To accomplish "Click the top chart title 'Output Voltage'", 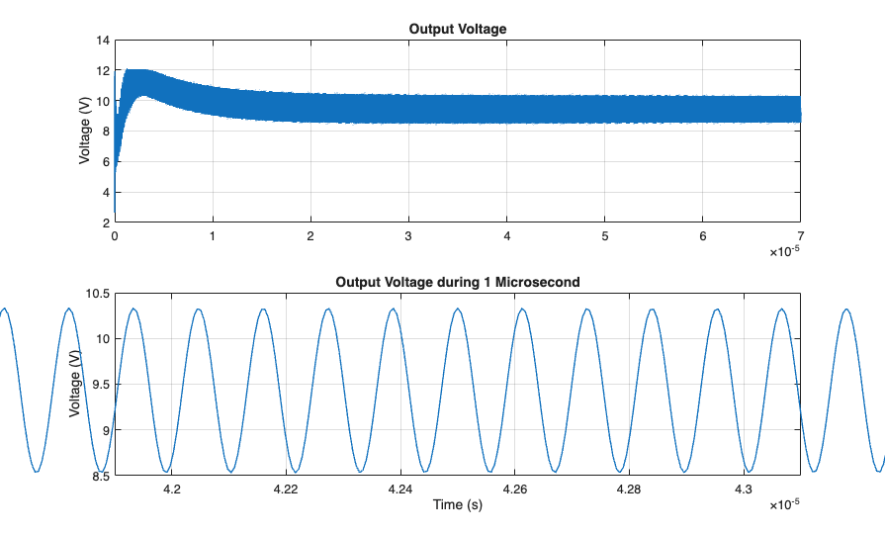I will (x=457, y=29).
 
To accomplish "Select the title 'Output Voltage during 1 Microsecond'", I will (x=457, y=282).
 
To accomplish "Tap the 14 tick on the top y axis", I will (x=103, y=41).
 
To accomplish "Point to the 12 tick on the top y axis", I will (x=103, y=71).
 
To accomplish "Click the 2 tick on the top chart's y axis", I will (x=106, y=223).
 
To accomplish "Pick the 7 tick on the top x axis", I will (x=799, y=237).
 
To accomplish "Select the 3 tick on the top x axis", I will (x=408, y=237).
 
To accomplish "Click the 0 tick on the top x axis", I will (x=115, y=237).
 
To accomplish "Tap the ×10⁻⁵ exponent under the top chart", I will (x=785, y=253).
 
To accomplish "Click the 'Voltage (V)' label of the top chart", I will (x=86, y=133).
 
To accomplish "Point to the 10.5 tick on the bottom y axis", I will (x=97, y=294).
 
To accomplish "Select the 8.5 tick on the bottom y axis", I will (x=100, y=476).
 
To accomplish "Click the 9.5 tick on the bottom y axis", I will (x=100, y=385).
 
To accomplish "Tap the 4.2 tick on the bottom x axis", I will (x=171, y=489).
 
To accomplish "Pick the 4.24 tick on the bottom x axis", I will (x=399, y=489).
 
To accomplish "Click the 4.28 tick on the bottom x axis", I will (x=628, y=489).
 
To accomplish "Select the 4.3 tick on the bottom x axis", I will (x=743, y=489).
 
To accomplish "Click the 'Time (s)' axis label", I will (x=457, y=505).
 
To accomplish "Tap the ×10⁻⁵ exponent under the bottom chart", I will (x=785, y=505).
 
